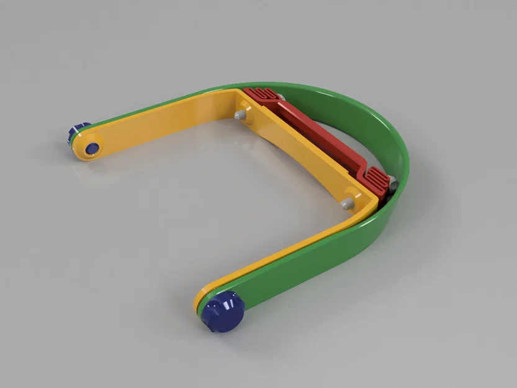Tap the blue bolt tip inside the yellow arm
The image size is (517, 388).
coord(92,148)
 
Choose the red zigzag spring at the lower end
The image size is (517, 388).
coord(377,180)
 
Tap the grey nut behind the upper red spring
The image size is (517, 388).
coord(281,97)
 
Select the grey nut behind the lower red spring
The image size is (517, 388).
coord(392,183)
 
